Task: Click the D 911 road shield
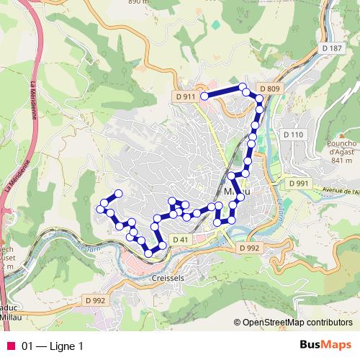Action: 185,96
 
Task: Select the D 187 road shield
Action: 332,48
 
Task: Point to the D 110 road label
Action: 293,135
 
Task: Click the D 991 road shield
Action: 298,184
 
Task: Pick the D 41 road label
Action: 180,239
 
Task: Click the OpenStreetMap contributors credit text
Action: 297,322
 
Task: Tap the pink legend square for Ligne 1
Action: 10,346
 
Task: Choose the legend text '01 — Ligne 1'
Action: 53,346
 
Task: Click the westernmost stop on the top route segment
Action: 204,96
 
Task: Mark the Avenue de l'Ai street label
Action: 339,191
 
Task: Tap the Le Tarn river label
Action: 86,248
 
